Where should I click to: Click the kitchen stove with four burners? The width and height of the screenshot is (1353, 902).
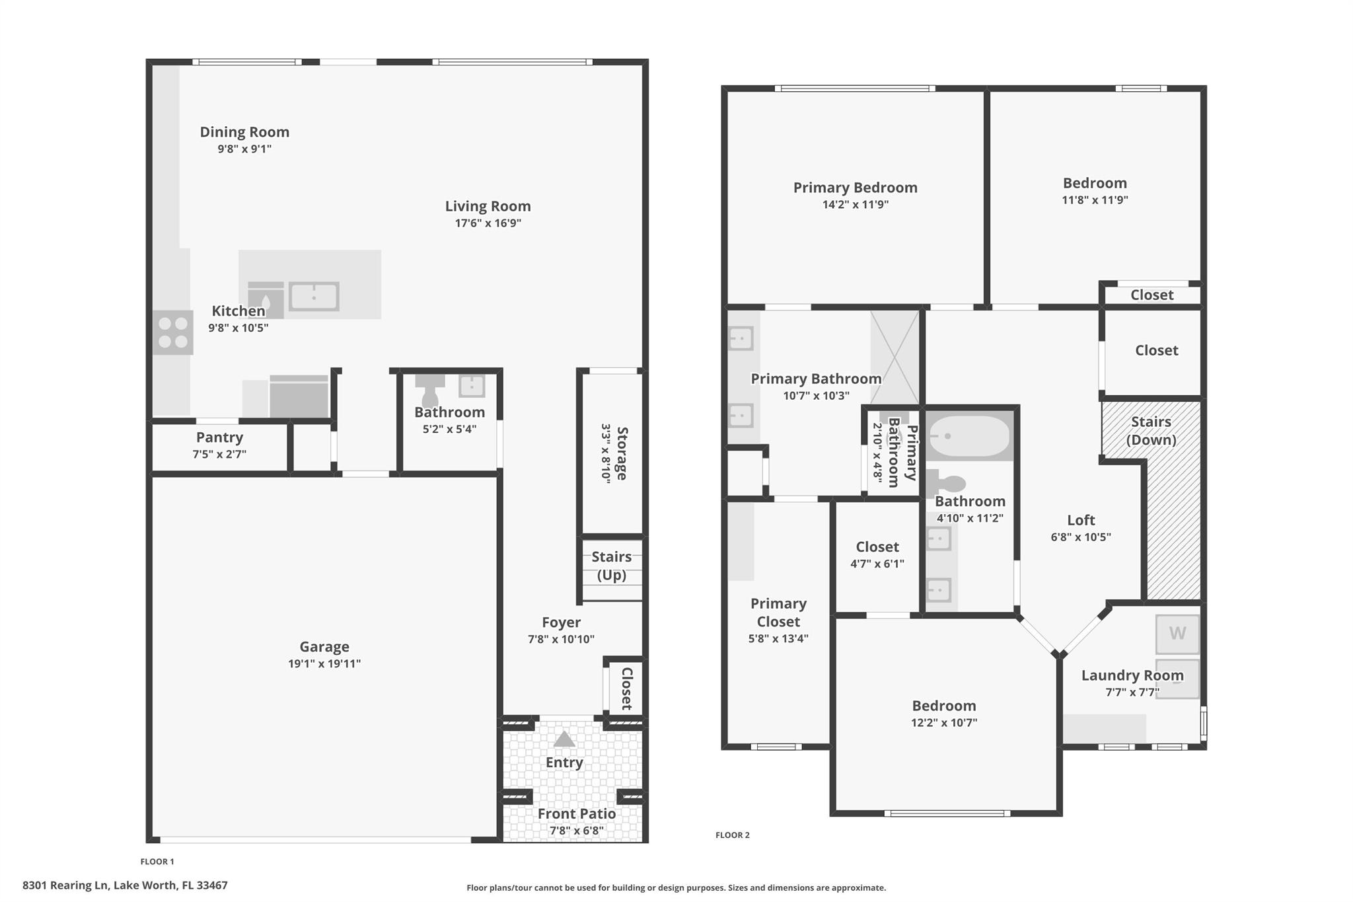click(x=173, y=332)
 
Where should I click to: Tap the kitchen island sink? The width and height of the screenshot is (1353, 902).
click(x=314, y=297)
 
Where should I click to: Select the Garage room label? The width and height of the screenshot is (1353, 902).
click(x=324, y=646)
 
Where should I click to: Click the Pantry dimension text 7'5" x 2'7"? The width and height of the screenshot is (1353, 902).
click(x=219, y=454)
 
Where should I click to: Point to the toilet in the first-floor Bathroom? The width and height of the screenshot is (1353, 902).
click(x=429, y=390)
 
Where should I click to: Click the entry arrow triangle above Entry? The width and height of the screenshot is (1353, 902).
click(x=564, y=739)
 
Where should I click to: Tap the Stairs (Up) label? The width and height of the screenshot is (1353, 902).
click(x=611, y=566)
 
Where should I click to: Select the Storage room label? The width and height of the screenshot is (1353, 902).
click(x=622, y=453)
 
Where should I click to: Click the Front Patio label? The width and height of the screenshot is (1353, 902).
click(x=576, y=813)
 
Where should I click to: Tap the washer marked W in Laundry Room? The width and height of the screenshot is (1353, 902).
click(x=1177, y=634)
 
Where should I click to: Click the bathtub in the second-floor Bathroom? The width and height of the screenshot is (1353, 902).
click(x=969, y=436)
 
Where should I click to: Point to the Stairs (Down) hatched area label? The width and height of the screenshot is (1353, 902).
click(x=1151, y=431)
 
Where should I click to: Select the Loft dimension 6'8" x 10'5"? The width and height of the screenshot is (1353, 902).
click(x=1081, y=537)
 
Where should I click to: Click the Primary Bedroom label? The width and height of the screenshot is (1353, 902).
click(x=855, y=188)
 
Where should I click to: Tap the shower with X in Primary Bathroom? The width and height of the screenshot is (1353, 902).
click(x=895, y=357)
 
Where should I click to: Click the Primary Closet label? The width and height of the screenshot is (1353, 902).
click(x=778, y=613)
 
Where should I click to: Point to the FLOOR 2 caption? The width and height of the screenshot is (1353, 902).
click(x=732, y=835)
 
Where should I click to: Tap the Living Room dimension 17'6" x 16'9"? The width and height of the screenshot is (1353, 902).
click(x=488, y=223)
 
